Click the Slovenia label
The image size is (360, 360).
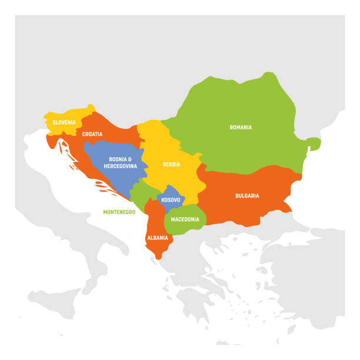coord(64,122)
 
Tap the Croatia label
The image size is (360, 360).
coord(92,134)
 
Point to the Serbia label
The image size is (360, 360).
coord(172,164)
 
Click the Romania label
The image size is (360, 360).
coord(241,127)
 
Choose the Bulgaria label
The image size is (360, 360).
coord(247,195)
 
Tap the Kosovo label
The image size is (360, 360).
coord(171,200)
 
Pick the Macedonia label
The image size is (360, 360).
coord(185,219)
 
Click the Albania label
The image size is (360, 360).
coord(158,238)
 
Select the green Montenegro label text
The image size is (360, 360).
coord(119,212)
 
